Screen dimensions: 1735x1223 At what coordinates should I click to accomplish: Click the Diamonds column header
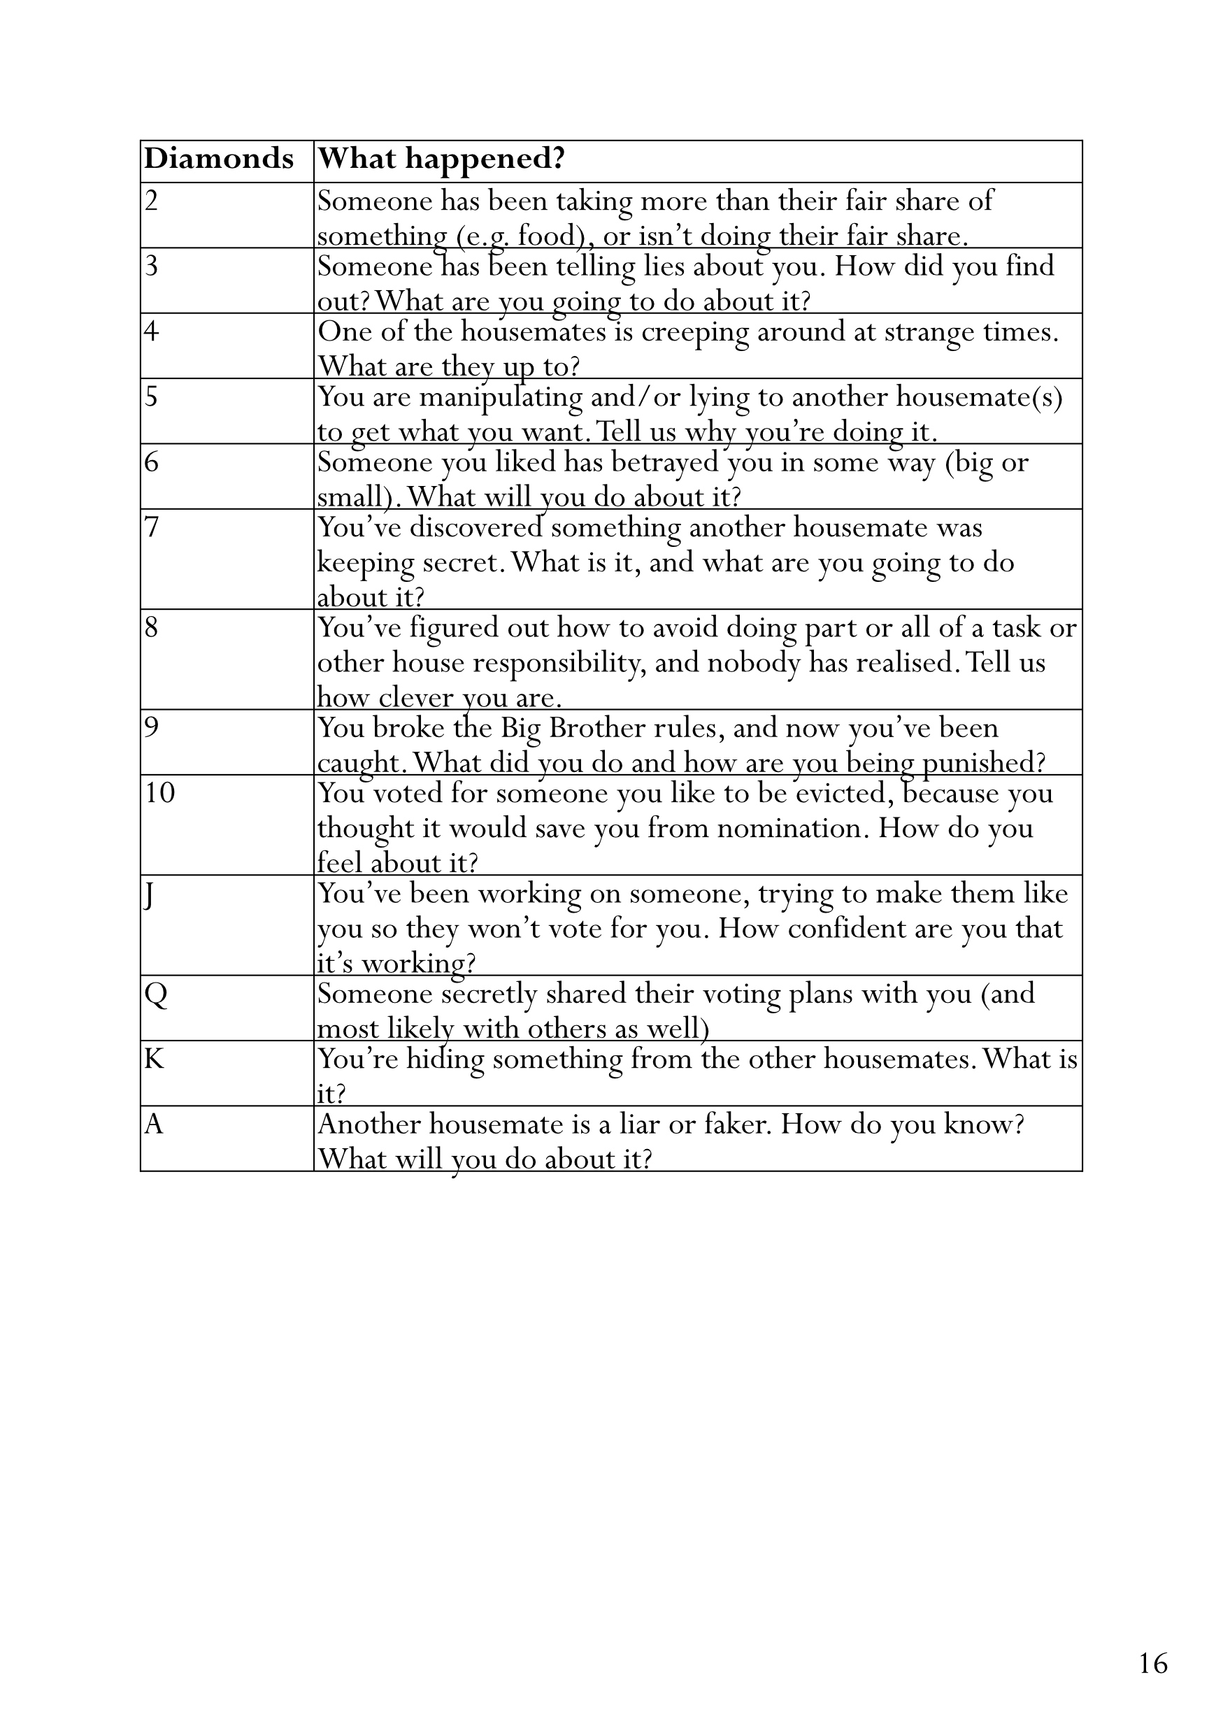point(218,159)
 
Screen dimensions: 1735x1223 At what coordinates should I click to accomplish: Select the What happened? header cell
point(441,159)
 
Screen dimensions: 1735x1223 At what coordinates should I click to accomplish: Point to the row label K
point(154,1059)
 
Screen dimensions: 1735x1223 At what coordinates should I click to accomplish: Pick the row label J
point(150,895)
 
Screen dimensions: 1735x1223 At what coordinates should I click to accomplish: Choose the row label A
point(154,1124)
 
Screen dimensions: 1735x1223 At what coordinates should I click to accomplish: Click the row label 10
point(159,793)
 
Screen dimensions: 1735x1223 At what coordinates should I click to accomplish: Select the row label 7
point(152,527)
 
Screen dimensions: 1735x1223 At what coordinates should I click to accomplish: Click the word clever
point(415,697)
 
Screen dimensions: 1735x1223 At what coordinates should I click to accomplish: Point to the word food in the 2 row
point(547,236)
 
